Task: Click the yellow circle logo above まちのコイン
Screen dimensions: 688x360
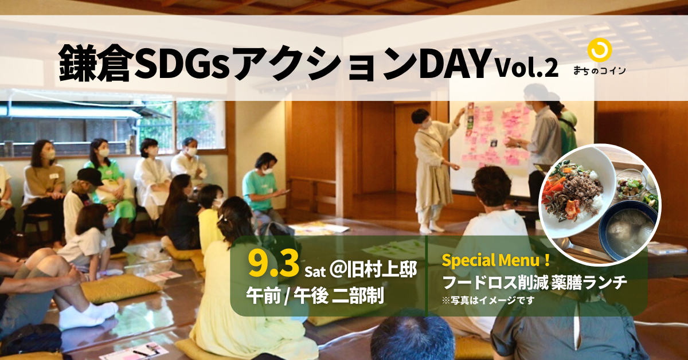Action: [x=599, y=50]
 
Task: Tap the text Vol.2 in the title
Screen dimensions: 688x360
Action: [x=527, y=68]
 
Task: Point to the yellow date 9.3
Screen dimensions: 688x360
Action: [x=273, y=263]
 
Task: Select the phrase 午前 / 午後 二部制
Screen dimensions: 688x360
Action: [x=315, y=295]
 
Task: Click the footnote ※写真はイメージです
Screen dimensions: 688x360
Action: [x=488, y=300]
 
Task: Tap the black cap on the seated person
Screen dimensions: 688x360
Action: [x=90, y=177]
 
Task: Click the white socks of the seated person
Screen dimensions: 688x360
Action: [x=89, y=314]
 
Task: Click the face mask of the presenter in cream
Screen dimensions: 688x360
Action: [x=426, y=124]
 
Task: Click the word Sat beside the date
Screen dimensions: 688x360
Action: [x=315, y=272]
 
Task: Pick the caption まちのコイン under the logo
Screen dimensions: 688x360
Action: [x=600, y=71]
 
